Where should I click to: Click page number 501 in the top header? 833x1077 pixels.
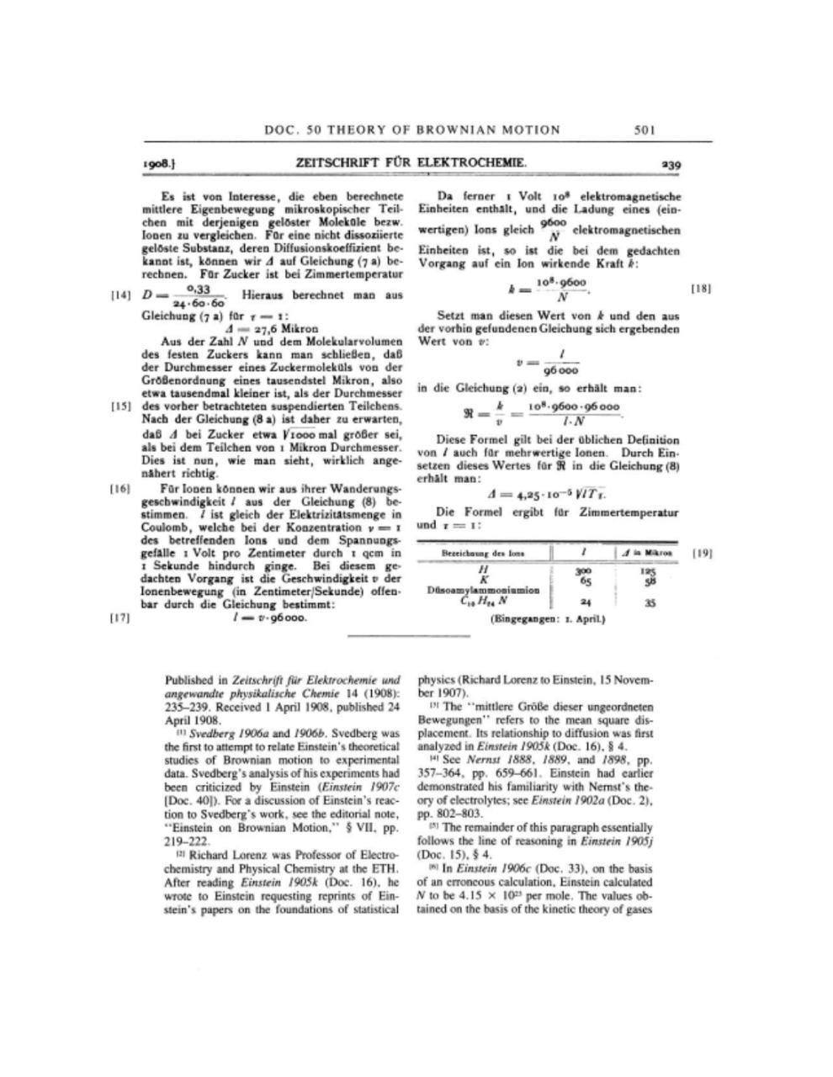[645, 130]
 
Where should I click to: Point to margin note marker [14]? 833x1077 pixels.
[122, 295]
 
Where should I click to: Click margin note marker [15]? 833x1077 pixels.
[122, 406]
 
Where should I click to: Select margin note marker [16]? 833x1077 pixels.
[122, 488]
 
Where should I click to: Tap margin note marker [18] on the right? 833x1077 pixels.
[701, 289]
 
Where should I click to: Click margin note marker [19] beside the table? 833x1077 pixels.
[701, 553]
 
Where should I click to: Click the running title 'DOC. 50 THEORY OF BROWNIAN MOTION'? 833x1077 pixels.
[411, 130]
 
